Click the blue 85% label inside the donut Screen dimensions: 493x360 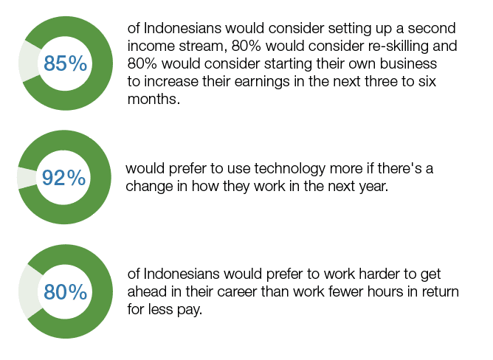coord(66,63)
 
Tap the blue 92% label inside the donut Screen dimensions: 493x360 coord(63,178)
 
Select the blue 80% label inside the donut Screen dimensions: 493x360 coord(66,292)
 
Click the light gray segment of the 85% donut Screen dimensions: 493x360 coord(30,62)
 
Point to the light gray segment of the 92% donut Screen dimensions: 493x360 coord(27,178)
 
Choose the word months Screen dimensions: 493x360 coord(154,100)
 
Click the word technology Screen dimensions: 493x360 coord(289,169)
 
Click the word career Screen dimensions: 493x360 coord(237,292)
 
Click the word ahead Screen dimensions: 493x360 coord(147,291)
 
